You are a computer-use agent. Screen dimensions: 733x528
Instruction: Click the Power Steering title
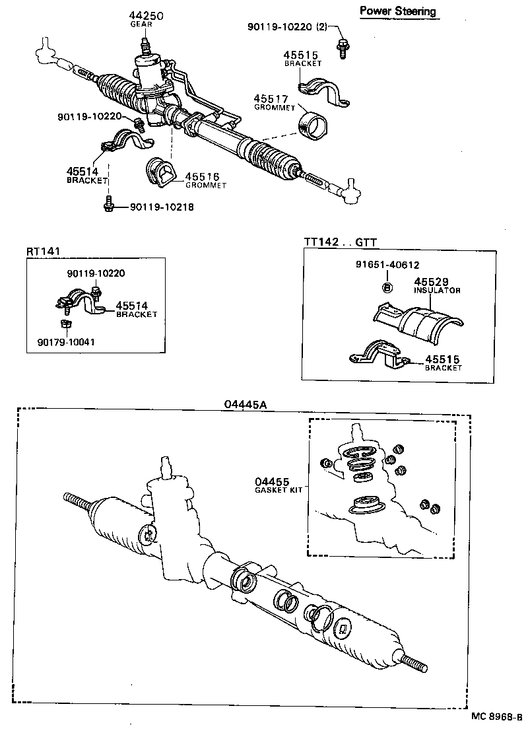click(397, 11)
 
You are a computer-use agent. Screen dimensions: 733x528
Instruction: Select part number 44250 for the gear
click(147, 15)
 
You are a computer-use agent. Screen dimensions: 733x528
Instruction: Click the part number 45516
click(202, 177)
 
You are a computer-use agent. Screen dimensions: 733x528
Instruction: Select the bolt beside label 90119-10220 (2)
click(342, 48)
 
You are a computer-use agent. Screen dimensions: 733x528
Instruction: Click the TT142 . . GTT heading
click(340, 242)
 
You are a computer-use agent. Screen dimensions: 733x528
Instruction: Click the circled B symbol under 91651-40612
click(387, 287)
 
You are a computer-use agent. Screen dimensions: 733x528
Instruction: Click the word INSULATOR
click(436, 291)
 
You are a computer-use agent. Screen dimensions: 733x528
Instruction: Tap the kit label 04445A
click(245, 405)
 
